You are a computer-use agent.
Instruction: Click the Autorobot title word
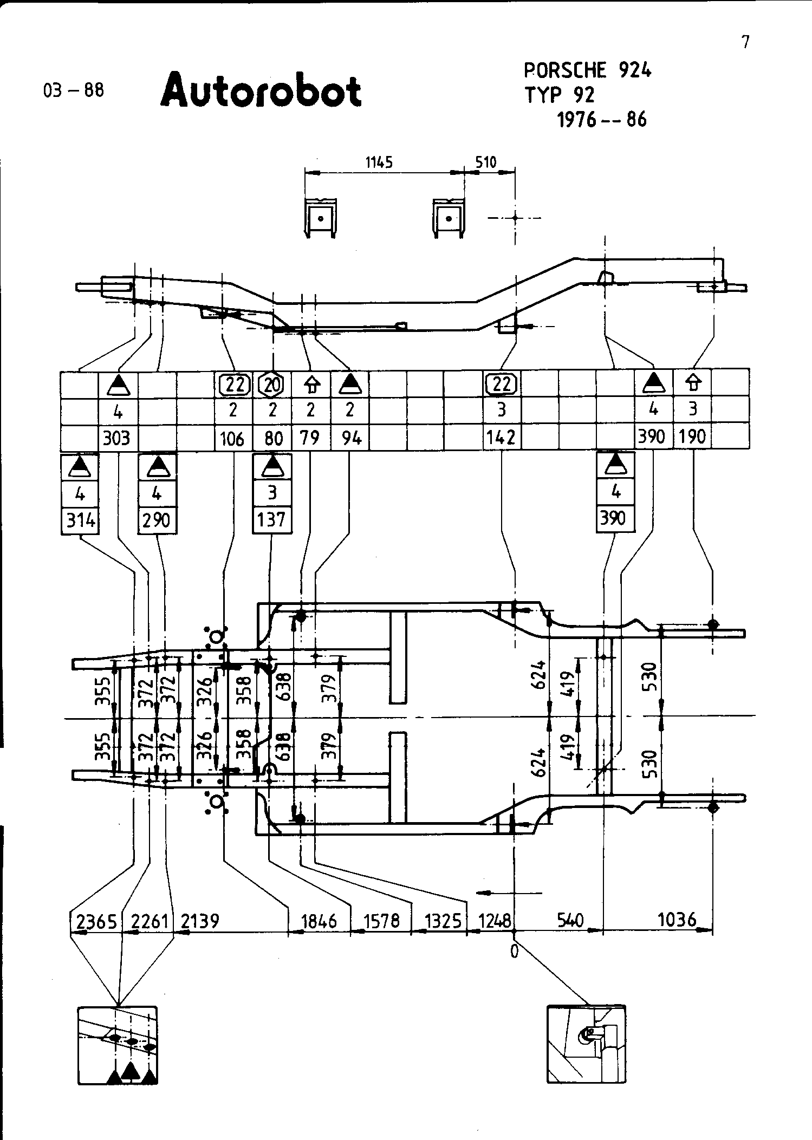(261, 90)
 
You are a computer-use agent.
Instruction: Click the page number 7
(746, 42)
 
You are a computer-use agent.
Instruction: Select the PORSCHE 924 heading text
(588, 70)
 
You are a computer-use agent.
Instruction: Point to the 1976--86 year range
(602, 119)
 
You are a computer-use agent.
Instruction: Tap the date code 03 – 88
(73, 89)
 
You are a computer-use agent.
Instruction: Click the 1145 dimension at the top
(379, 162)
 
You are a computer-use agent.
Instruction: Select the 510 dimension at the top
(486, 162)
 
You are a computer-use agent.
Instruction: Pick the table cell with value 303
(117, 437)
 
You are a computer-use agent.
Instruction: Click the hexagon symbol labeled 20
(272, 385)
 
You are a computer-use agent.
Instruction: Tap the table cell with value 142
(501, 437)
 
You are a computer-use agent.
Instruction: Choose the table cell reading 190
(692, 437)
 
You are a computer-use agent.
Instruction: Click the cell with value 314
(80, 521)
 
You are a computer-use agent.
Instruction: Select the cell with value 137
(271, 520)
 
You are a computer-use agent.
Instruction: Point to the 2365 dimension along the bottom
(96, 921)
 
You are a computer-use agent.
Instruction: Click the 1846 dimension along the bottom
(319, 921)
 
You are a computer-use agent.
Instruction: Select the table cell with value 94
(351, 437)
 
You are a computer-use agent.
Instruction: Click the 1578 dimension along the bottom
(382, 921)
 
